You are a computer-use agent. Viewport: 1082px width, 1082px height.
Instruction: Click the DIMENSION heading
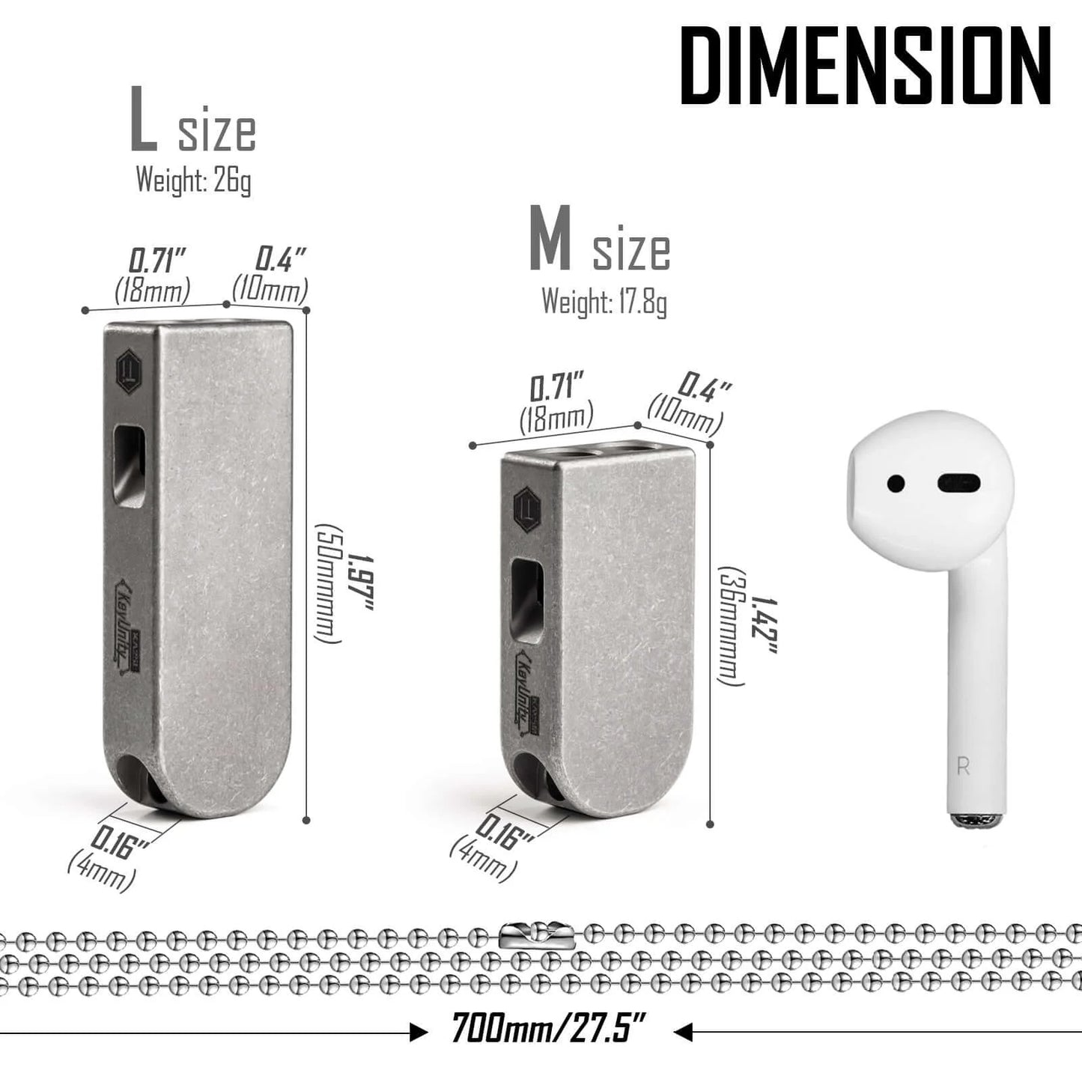click(866, 65)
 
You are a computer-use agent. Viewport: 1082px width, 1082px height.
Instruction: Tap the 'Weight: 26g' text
click(194, 180)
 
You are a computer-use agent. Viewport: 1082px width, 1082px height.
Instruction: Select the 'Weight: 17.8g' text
click(604, 303)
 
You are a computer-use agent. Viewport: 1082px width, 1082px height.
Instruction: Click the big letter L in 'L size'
click(143, 118)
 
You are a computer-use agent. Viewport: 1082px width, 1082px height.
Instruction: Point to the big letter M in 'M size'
click(551, 237)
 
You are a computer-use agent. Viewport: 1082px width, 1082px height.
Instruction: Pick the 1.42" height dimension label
click(763, 625)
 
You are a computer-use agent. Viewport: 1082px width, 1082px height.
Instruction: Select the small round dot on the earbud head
click(896, 483)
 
